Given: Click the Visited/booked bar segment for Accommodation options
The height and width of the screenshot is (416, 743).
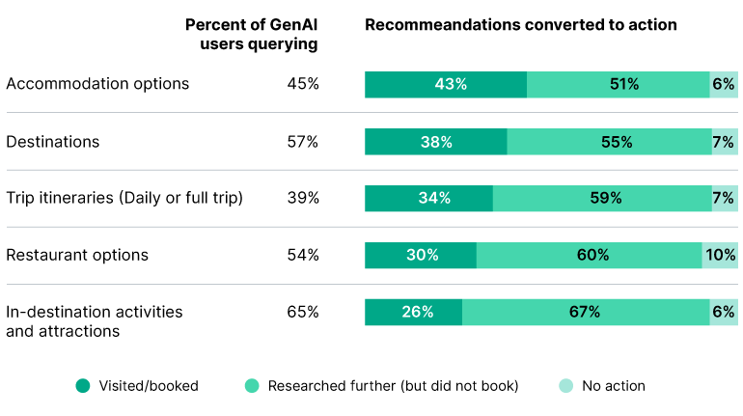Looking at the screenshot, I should tap(446, 84).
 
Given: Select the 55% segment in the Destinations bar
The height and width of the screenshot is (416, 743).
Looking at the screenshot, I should tap(610, 142).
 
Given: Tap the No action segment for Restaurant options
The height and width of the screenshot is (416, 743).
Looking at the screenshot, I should tap(720, 255).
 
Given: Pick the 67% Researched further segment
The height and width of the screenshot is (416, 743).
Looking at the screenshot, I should tap(586, 312).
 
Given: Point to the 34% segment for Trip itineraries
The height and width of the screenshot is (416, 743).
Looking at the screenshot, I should tap(428, 199).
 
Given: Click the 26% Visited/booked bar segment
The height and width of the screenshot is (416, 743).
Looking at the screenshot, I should tap(413, 312).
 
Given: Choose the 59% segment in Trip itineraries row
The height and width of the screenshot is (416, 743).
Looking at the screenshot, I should tap(602, 199).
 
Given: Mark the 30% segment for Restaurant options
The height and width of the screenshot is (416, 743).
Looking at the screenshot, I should tap(421, 255).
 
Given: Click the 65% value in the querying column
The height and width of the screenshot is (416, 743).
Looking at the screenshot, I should tap(302, 312).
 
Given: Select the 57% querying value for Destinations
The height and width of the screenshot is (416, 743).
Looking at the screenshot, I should tap(302, 142).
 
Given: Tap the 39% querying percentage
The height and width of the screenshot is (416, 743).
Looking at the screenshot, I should tap(302, 199).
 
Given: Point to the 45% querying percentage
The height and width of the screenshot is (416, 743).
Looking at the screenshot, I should tap(302, 84).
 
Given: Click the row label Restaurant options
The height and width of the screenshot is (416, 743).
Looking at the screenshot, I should tap(77, 255).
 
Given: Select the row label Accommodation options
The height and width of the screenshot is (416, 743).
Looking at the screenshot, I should tap(97, 84).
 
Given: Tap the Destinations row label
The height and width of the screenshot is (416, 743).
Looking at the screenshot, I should tap(53, 142).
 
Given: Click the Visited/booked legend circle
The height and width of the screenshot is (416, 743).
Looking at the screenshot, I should tap(83, 386).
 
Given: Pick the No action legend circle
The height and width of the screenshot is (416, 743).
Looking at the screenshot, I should tap(564, 386).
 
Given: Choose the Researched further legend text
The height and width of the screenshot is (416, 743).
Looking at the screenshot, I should tap(393, 386).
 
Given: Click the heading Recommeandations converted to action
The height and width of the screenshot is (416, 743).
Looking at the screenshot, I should tap(520, 24).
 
